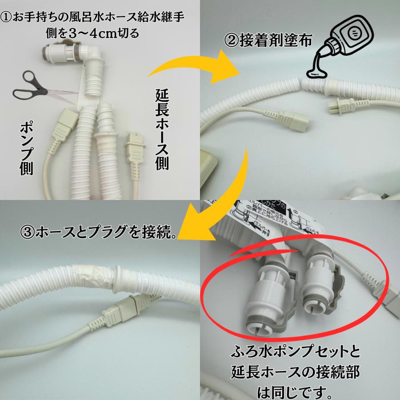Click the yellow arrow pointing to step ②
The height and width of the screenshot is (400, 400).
tap(187, 67)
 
